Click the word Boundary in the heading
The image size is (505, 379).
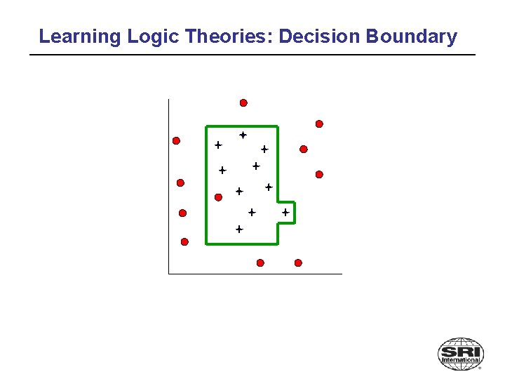point(412,36)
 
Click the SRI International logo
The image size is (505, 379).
point(460,353)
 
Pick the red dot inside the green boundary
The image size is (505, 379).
point(218,197)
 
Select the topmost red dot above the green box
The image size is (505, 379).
point(243,102)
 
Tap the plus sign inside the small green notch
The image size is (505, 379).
point(285,211)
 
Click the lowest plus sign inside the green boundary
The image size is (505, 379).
point(238,229)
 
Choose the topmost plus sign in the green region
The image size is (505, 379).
point(243,134)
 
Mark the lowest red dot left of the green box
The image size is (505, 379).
point(184,241)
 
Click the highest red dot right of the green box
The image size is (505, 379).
point(319,124)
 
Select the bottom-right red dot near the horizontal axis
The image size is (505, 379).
point(298,262)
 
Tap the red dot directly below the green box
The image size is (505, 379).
point(260,262)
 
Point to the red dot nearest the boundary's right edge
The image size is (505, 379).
point(303,149)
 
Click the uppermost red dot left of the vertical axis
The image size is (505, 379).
point(176,140)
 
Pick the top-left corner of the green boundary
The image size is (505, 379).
point(206,127)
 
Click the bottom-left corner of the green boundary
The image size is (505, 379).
point(206,244)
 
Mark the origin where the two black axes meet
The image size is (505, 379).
point(169,273)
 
